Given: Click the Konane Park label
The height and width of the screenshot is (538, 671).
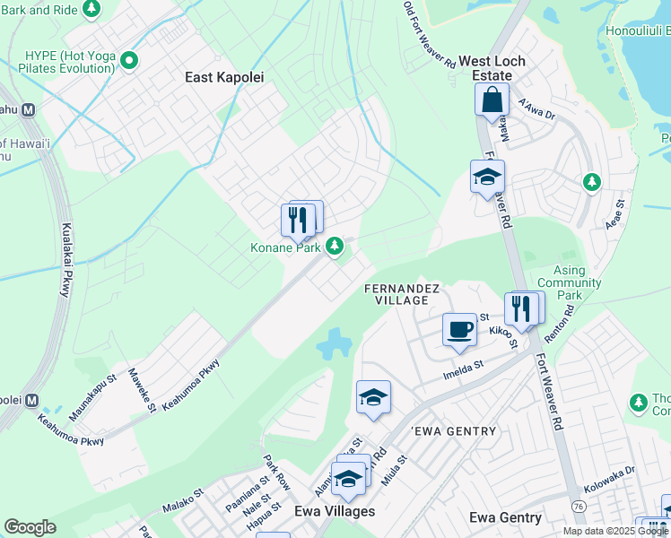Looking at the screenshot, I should (x=286, y=247).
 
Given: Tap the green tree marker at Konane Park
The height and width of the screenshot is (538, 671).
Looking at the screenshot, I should (x=335, y=245).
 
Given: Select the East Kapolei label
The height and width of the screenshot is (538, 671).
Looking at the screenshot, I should (x=224, y=77).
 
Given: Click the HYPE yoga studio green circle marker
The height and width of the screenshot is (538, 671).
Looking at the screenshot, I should (x=129, y=62).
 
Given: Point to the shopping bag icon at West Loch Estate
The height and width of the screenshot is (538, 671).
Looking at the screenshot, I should (x=492, y=99).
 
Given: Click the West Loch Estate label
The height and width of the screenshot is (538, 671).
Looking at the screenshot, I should (x=492, y=69).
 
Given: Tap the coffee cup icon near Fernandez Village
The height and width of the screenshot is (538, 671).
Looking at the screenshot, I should (x=459, y=329).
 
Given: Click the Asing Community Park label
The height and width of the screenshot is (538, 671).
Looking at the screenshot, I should (x=569, y=282).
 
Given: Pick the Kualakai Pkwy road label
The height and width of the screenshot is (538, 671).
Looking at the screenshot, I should (x=65, y=260).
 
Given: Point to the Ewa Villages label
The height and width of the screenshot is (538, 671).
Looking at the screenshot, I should (x=335, y=511).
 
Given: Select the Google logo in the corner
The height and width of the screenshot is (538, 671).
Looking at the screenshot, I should (x=30, y=527).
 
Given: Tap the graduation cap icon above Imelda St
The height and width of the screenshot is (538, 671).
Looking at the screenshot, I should (x=373, y=397).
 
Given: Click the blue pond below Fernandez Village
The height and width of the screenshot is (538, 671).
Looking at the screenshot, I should (x=334, y=342).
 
